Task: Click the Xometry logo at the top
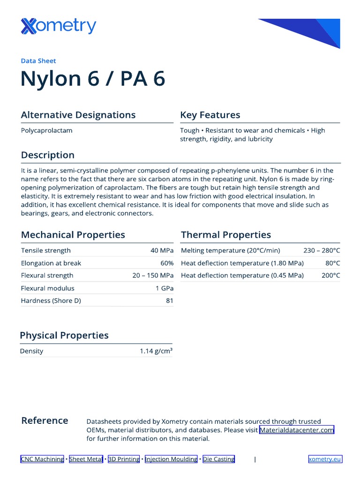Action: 59,26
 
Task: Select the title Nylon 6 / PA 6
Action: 93,79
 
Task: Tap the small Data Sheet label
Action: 38,60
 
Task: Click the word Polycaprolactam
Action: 46,130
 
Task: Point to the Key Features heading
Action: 210,115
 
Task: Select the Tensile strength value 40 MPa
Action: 162,250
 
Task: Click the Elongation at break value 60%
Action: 167,263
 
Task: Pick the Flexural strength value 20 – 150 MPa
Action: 153,276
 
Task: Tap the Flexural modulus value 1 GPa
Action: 165,288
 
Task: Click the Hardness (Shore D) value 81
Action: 170,300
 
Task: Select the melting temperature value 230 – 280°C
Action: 322,250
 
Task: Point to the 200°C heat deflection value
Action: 331,276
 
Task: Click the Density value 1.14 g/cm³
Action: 156,351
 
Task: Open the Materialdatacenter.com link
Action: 297,430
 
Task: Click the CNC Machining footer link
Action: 42,459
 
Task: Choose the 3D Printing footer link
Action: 124,459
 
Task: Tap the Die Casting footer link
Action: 218,459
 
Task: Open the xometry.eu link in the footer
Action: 325,459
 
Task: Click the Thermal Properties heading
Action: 226,235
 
